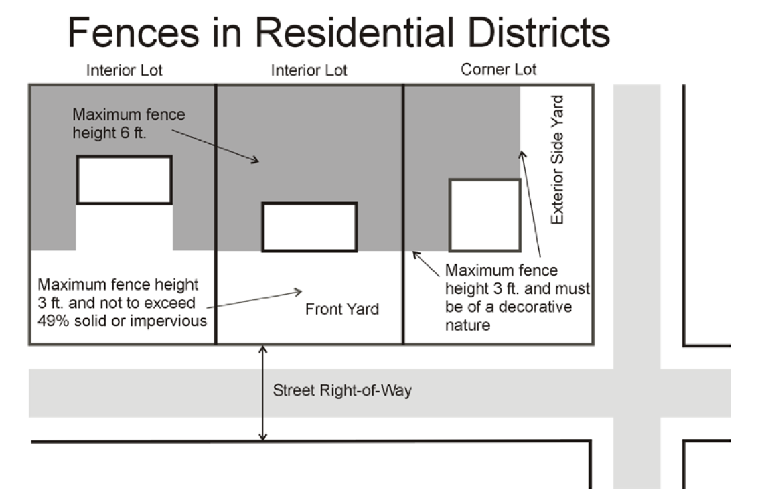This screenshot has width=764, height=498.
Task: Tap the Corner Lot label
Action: point(499,69)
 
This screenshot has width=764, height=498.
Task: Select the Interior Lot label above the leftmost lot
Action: point(124,70)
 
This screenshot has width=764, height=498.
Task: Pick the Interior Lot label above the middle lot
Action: point(309,70)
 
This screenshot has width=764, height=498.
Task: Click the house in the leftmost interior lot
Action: point(124,179)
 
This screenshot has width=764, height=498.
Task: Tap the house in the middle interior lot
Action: point(309,227)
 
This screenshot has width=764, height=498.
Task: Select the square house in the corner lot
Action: point(485,215)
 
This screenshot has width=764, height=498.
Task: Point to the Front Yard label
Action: point(341,309)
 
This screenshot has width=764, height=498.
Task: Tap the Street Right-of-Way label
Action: point(342,390)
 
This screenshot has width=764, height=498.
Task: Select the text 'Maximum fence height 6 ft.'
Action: point(129,124)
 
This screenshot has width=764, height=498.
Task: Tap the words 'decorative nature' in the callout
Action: point(509,316)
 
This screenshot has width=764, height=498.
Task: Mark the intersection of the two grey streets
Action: point(637,393)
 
